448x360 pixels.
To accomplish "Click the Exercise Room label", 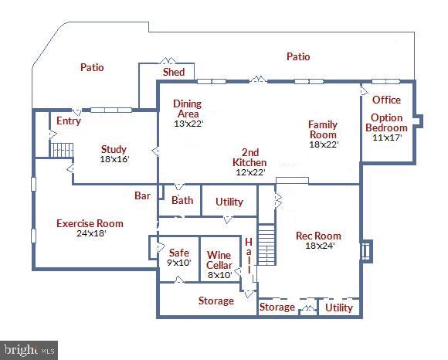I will click(90, 223).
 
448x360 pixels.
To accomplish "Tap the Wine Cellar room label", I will click(219, 260).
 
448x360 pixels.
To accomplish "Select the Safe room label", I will click(178, 252).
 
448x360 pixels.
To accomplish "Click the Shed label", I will click(174, 72).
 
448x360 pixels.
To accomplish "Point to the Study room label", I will click(114, 149).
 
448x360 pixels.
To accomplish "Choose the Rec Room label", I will click(318, 236).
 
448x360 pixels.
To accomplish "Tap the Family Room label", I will click(323, 129).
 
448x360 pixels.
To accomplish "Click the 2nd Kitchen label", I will click(249, 158).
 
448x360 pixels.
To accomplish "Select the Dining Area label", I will click(188, 108).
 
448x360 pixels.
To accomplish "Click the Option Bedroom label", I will click(386, 122).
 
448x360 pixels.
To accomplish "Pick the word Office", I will click(386, 100).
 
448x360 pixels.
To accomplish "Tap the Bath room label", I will click(182, 201).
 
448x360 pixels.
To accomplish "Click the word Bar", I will click(143, 196).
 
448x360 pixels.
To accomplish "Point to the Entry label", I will click(69, 121).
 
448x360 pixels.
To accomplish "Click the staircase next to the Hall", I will click(266, 243).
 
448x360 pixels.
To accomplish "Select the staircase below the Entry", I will click(62, 149).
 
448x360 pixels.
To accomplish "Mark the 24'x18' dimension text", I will click(90, 233).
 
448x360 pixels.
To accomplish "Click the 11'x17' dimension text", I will click(386, 138).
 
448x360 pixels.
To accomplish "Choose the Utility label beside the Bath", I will click(229, 202).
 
